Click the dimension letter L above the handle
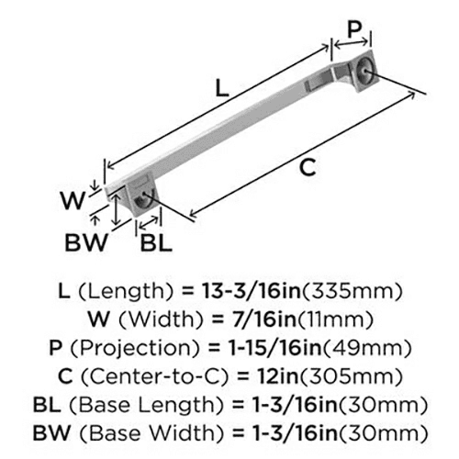coord(222,87)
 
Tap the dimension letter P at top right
coord(354,30)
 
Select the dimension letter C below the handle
coord(308,167)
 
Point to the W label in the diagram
coord(73,201)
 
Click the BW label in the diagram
coord(86,242)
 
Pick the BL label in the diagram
coord(156,243)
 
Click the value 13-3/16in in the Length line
coord(252,291)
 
